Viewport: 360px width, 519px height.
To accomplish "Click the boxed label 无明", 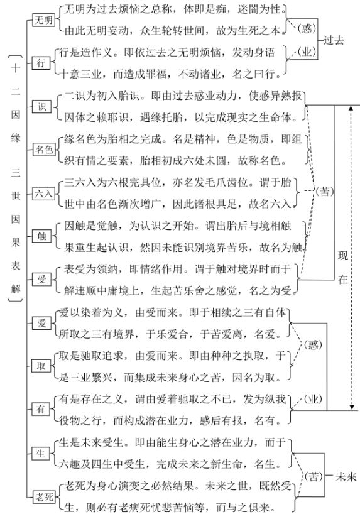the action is pos(43,20).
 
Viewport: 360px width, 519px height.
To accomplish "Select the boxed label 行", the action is pos(41,63).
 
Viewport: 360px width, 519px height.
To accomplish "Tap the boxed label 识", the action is pos(41,107).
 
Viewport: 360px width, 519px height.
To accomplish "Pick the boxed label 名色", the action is pos(45,150).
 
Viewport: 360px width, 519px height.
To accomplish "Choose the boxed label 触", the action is pos(42,236).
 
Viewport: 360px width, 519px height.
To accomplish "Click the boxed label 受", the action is pos(41,280).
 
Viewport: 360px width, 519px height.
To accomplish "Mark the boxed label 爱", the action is pos(41,323).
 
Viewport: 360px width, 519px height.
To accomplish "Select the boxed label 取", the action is pos(41,366).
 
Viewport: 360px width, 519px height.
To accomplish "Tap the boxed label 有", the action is pos(41,410).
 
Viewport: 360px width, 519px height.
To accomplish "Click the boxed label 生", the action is pos(41,454).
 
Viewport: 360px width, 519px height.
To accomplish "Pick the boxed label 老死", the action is pos(44,496).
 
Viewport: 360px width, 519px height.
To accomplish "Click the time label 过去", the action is pos(334,40).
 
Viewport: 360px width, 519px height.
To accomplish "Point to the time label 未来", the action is pos(346,477).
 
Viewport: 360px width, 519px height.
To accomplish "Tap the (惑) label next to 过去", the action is pos(307,28).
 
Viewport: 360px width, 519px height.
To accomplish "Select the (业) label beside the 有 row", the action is pos(313,399).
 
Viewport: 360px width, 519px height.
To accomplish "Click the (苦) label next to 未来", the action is pos(313,477).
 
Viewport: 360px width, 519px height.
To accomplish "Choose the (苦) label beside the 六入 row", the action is pos(324,191).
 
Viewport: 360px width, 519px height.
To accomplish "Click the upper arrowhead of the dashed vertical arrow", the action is pos(352,109).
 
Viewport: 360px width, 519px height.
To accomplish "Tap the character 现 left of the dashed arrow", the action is pos(343,256).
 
